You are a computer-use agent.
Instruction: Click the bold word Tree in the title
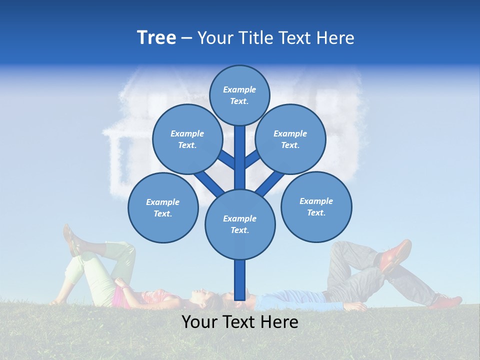point(156,38)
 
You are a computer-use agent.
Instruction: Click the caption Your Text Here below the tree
point(239,322)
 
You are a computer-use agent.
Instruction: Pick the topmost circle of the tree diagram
point(239,95)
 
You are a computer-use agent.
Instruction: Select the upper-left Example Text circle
point(187,139)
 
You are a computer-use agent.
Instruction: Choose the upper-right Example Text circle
point(290,139)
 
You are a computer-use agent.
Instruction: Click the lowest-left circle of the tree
point(163,207)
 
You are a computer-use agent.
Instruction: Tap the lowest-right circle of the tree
point(316,206)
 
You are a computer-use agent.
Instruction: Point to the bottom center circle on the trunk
point(240,224)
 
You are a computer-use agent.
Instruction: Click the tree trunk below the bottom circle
point(240,280)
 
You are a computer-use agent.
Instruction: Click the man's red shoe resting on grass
point(446,301)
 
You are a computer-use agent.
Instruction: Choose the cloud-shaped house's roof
point(150,87)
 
